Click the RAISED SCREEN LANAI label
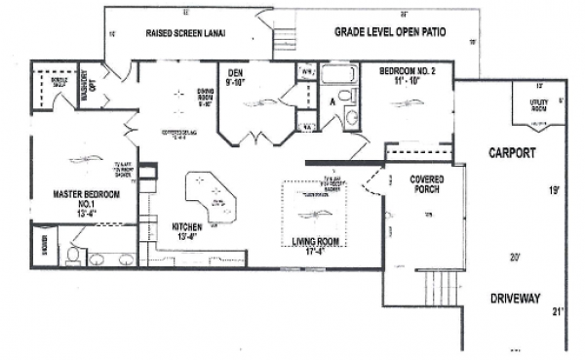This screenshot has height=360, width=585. [185, 33]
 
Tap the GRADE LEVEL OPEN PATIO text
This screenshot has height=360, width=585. [390, 31]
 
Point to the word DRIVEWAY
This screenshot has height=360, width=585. [514, 299]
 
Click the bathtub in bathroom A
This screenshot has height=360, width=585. [339, 77]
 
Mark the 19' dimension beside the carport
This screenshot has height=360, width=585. [554, 191]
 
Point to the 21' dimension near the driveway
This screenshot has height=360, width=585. [557, 311]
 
